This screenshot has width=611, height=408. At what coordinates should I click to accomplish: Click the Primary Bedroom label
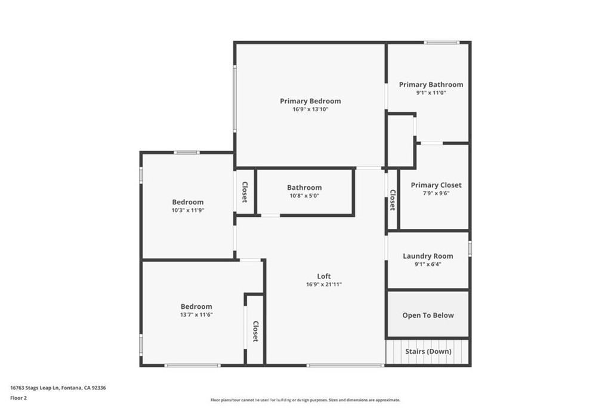click(x=310, y=101)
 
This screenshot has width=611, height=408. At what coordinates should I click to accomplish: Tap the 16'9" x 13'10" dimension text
click(x=310, y=109)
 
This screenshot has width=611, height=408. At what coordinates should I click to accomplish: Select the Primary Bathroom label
click(x=431, y=84)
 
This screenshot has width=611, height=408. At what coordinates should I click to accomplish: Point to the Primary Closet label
click(x=436, y=185)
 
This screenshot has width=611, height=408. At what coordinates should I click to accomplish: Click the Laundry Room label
click(x=428, y=256)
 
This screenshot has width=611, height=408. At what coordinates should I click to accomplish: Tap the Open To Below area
click(x=428, y=315)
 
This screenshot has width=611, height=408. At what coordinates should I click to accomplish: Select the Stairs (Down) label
click(x=428, y=351)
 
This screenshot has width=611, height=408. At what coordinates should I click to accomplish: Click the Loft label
click(x=324, y=276)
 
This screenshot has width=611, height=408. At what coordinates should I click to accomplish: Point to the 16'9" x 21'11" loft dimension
click(x=324, y=284)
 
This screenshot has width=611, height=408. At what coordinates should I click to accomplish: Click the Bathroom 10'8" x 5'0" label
click(x=304, y=191)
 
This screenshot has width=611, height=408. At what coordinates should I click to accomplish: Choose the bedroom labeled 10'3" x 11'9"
click(x=188, y=206)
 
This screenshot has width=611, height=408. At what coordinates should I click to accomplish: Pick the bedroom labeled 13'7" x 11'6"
click(x=196, y=310)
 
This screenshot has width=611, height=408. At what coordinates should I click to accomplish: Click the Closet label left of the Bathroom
click(x=245, y=192)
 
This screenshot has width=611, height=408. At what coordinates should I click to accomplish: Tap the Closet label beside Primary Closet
click(x=393, y=200)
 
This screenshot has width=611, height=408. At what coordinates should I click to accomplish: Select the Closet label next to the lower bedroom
click(x=255, y=332)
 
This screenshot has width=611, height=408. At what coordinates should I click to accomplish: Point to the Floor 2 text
click(x=18, y=397)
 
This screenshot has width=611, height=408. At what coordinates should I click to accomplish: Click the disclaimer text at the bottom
click(x=305, y=400)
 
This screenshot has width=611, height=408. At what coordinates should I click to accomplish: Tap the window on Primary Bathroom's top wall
click(x=442, y=42)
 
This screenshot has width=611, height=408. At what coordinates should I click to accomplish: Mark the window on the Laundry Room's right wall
click(x=470, y=248)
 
